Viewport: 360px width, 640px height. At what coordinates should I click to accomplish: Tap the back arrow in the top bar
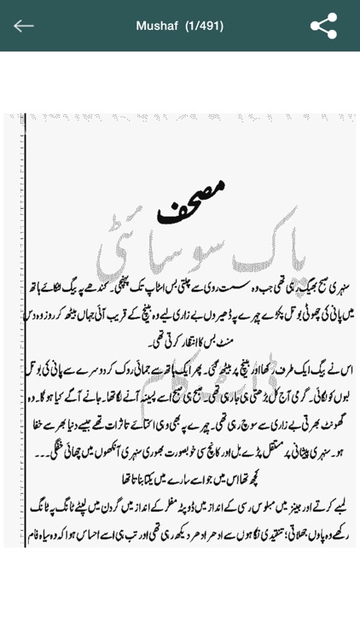(24, 26)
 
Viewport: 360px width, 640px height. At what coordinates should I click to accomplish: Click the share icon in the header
(323, 26)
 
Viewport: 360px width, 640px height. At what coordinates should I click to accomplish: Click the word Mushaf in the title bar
(156, 26)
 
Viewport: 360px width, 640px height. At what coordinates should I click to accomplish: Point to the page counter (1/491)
(204, 26)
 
